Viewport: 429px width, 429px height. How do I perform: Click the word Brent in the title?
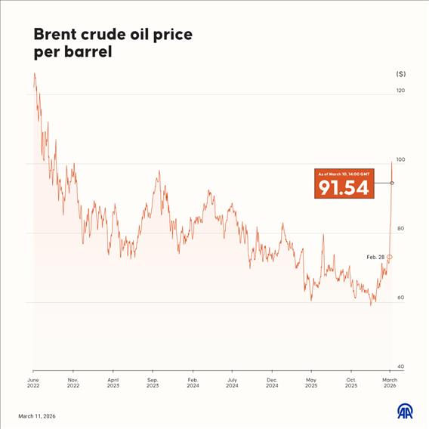tap(54, 35)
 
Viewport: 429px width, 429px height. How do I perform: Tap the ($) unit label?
tap(400, 74)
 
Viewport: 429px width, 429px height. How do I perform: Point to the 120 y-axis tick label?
tap(400, 91)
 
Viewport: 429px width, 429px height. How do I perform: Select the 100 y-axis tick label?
tap(400, 160)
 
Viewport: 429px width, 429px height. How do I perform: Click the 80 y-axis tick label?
tap(401, 229)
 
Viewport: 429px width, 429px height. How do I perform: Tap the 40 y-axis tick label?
tap(401, 367)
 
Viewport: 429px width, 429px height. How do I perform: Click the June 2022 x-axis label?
tap(33, 383)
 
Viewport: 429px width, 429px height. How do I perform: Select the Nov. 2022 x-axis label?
tap(73, 383)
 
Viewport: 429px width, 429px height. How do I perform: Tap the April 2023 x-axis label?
tap(113, 383)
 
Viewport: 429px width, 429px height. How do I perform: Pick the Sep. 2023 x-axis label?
tap(153, 383)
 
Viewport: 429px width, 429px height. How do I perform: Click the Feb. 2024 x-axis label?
tap(193, 383)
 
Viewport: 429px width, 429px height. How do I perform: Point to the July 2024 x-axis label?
tap(233, 383)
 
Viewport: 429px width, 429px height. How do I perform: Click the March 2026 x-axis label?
tap(390, 383)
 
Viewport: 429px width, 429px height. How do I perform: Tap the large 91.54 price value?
tap(344, 187)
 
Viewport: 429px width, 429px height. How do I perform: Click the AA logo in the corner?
tap(406, 411)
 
